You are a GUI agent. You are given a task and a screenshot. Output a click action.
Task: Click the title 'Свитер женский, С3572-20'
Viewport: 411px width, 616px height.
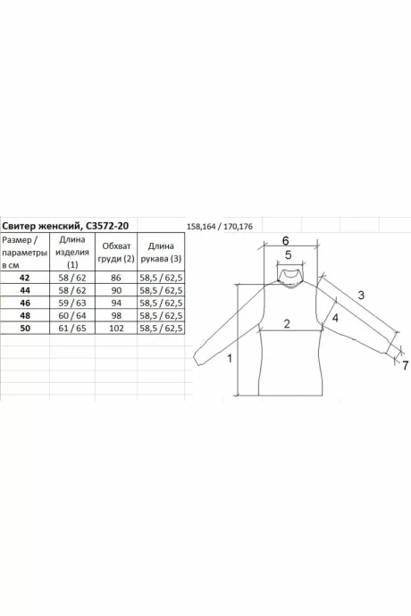point(66,226)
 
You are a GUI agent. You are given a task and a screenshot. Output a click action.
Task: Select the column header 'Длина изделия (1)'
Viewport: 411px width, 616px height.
point(72,252)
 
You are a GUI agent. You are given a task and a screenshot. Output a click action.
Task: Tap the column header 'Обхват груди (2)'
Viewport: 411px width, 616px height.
point(116,253)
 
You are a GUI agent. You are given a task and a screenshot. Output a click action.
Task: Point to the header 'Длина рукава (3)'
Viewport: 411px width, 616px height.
point(161,253)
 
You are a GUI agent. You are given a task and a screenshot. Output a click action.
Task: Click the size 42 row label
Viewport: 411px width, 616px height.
point(24,278)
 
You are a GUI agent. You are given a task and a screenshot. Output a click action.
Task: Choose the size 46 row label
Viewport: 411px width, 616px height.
point(25,303)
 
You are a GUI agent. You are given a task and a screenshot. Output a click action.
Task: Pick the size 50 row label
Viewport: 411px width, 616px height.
point(25,328)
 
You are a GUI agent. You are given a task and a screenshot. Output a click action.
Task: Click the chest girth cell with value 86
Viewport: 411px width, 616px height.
point(116,278)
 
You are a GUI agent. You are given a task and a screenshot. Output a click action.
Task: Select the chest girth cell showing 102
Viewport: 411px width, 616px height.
point(116,328)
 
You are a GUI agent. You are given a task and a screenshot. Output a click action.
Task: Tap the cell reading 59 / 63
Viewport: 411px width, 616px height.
point(72,303)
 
